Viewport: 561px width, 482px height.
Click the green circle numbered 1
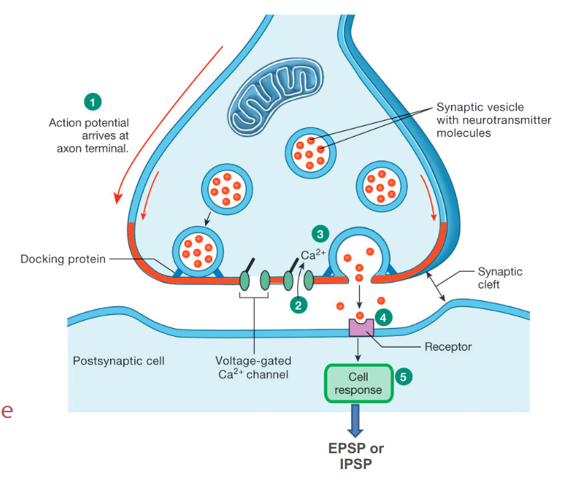[x=92, y=101]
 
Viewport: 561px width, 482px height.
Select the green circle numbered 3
[x=319, y=233]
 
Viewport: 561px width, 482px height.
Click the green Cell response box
[x=358, y=383]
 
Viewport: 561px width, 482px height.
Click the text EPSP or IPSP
[x=357, y=455]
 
